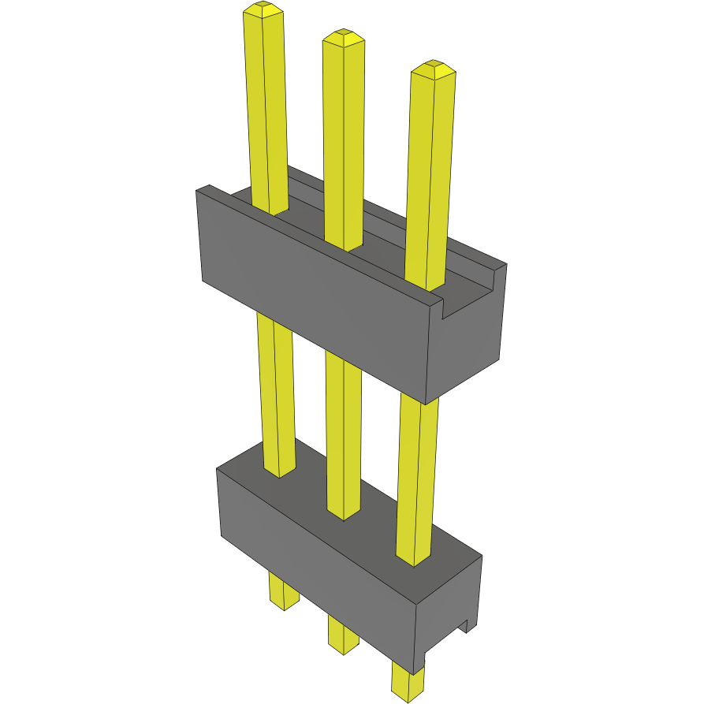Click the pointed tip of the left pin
(x=263, y=9)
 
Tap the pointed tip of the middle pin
(x=343, y=36)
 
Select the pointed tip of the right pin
(x=434, y=68)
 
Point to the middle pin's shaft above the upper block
(x=345, y=142)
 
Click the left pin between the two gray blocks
(x=276, y=394)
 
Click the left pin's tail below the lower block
(x=284, y=591)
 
